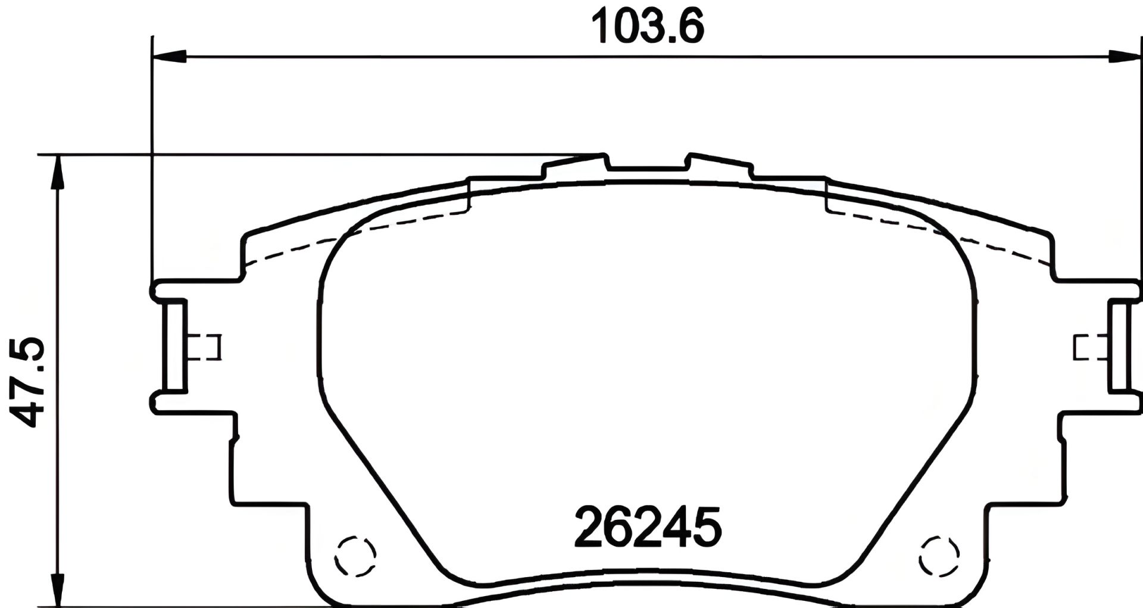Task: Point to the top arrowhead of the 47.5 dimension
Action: (58, 173)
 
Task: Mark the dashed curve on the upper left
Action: (357, 232)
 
